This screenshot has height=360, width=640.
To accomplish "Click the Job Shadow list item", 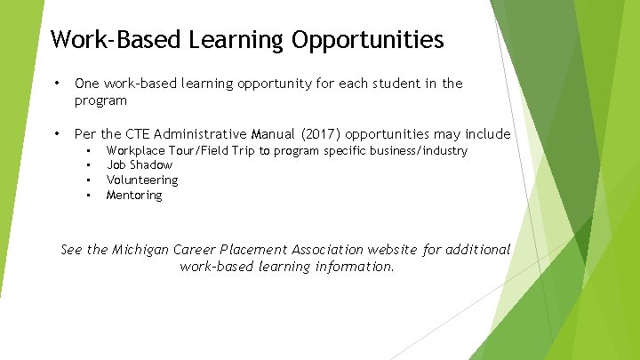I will point(140,165).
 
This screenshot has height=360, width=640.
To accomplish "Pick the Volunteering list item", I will point(142,180).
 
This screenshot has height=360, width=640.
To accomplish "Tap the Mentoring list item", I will point(134,195).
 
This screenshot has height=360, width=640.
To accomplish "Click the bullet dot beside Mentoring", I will point(89,195).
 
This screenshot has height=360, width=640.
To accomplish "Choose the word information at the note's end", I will point(354,266).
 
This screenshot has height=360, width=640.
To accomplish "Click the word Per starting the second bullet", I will point(85,134).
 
